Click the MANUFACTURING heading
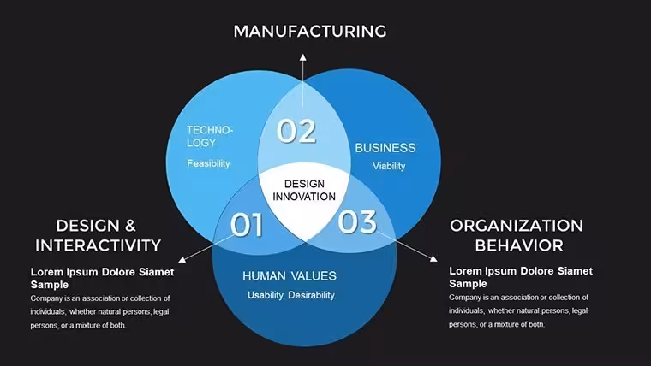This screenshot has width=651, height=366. click(x=310, y=32)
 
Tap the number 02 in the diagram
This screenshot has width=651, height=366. click(x=296, y=131)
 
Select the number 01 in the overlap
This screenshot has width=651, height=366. click(x=247, y=225)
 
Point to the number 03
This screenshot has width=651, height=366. click(x=357, y=221)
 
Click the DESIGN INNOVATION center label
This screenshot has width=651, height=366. click(x=304, y=190)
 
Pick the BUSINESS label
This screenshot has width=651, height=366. click(x=385, y=148)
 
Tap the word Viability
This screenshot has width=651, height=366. click(x=389, y=166)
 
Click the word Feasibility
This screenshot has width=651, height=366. click(x=208, y=163)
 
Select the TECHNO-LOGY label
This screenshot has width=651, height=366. click(x=210, y=136)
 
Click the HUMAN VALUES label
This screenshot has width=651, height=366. click(x=290, y=276)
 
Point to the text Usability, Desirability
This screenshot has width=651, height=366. click(x=291, y=295)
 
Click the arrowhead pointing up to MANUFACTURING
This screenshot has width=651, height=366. click(x=303, y=57)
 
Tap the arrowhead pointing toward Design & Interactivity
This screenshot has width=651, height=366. click(x=182, y=259)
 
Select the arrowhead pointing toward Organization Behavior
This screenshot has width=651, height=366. click(x=433, y=258)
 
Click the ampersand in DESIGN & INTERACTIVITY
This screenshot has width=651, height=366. click(x=130, y=226)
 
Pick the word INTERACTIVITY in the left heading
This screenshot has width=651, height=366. click(x=98, y=245)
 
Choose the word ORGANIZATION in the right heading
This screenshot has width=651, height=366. click(x=517, y=226)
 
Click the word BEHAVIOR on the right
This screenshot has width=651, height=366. click(x=519, y=245)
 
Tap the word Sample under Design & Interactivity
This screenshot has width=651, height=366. click(x=50, y=285)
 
